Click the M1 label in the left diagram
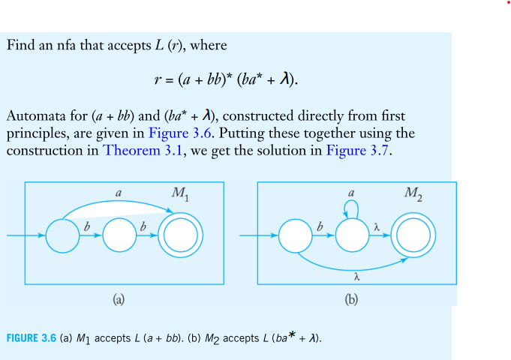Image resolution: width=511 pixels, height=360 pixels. [180, 194]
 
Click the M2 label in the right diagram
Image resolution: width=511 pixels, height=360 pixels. [413, 194]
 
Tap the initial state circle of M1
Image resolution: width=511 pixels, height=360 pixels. [62, 237]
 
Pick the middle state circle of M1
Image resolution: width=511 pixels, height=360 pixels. [120, 237]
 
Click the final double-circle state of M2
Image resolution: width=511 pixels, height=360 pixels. [412, 237]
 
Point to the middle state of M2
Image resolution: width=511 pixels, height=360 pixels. [352, 237]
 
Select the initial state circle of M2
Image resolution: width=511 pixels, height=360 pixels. [294, 237]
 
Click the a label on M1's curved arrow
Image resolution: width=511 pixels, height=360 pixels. [119, 193]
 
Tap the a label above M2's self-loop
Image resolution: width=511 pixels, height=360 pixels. [351, 193]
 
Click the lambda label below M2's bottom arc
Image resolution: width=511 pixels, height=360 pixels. [356, 276]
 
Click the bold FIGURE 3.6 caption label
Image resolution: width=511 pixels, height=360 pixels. [32, 339]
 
